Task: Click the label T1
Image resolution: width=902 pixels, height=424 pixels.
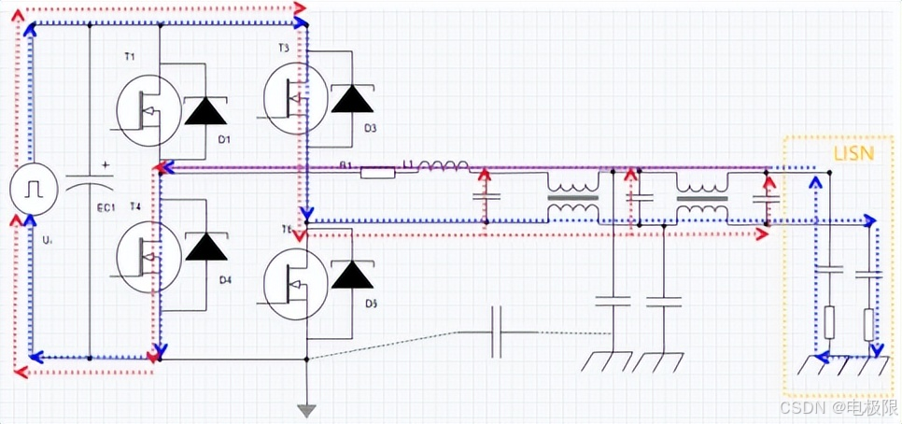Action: pos(130,58)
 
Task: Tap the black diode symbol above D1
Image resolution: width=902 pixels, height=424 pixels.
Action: pos(205,110)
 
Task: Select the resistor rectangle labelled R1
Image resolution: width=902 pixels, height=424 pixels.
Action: pos(377,172)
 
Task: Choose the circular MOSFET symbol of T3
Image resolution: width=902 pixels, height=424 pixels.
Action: pos(294,97)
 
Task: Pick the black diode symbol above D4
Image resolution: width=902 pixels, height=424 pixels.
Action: pos(205,246)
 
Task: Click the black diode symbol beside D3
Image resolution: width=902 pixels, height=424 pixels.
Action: pos(351,98)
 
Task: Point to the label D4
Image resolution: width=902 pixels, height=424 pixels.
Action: pos(225,279)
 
